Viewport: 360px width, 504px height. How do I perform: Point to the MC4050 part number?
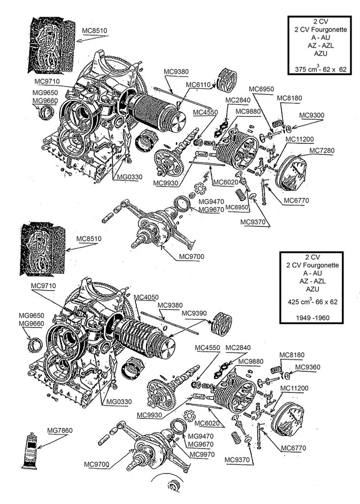coord(145,297)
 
